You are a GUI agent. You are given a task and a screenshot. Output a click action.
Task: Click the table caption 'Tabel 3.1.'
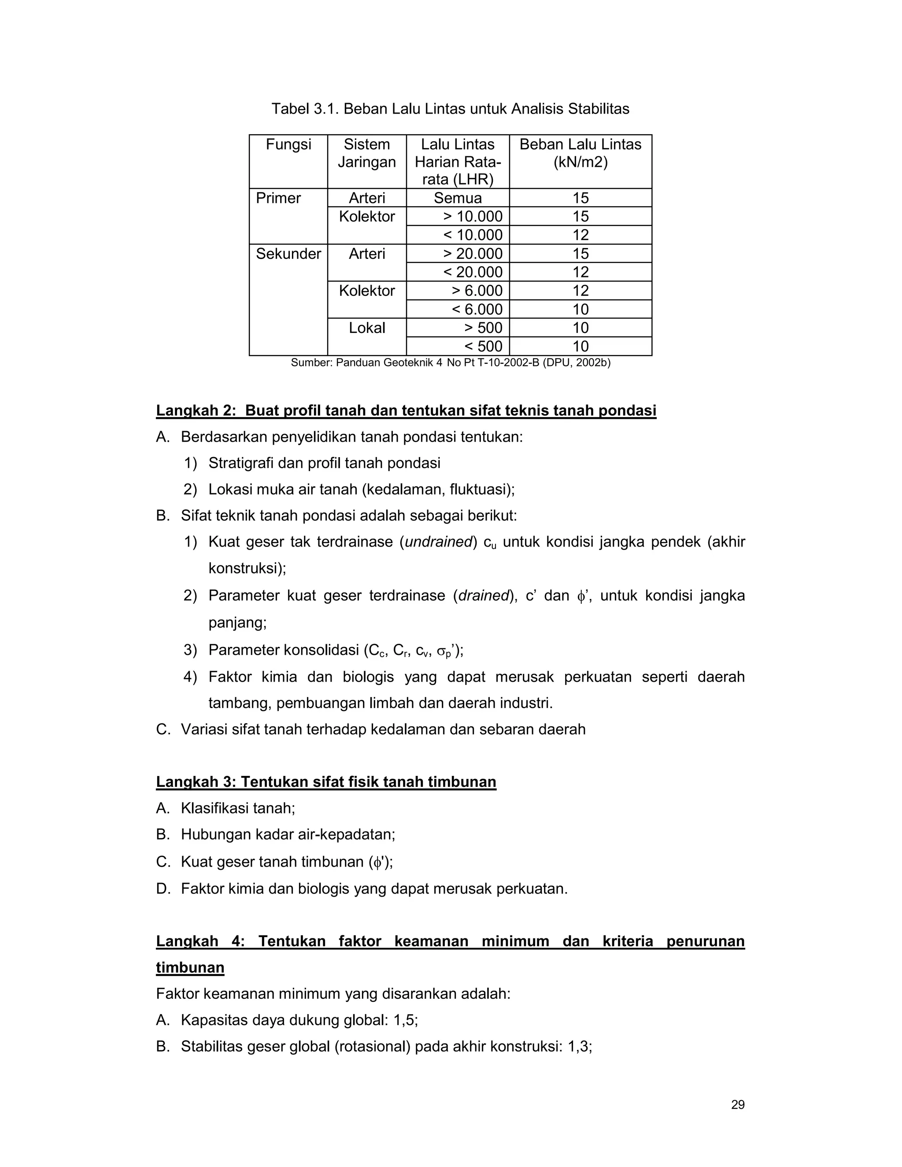coord(305,109)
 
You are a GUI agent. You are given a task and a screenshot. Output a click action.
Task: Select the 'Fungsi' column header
coord(288,144)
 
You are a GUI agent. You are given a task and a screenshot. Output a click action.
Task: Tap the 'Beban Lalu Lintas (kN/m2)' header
coord(580,153)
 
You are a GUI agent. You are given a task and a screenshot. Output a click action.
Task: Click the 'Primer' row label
coord(278,198)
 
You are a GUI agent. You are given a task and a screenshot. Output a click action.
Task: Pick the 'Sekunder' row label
coord(288,254)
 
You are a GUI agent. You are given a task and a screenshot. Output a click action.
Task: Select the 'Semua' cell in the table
coord(458,198)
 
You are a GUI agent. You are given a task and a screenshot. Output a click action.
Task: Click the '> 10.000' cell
coord(473,216)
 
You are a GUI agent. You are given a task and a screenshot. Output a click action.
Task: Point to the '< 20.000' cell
coord(473,273)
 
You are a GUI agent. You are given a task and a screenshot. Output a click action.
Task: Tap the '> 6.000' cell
coord(477,291)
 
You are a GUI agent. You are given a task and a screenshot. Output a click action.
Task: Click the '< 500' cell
coord(483,346)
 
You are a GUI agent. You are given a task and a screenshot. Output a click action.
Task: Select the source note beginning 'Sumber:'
coord(450,363)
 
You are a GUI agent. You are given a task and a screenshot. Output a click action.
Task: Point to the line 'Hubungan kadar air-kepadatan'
coord(288,834)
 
